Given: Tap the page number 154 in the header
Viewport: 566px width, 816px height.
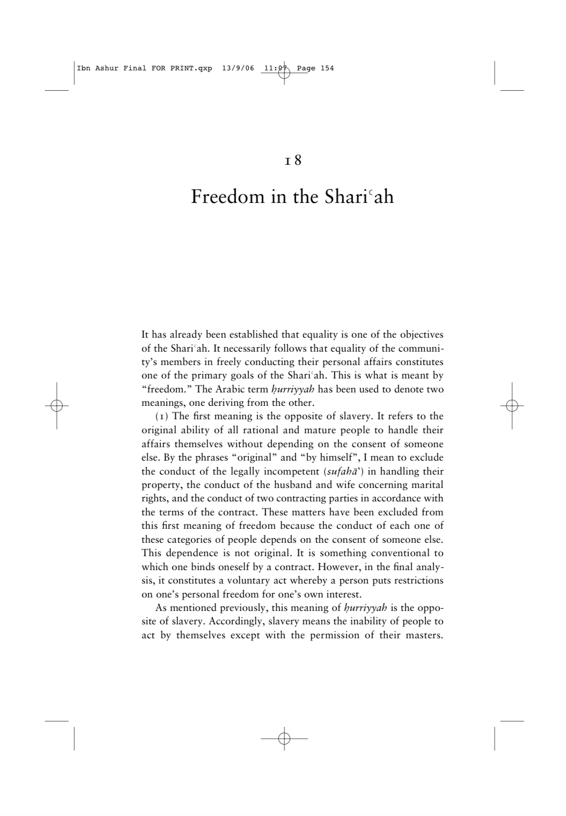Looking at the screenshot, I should tap(327, 68).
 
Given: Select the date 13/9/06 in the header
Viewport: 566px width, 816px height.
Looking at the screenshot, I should tap(237, 68).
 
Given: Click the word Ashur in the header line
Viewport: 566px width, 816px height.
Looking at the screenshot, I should tap(105, 68).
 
